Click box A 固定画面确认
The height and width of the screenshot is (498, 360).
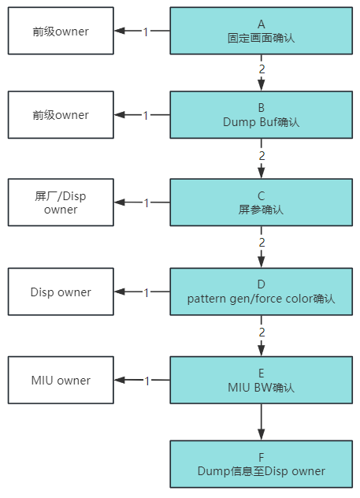pos(261,31)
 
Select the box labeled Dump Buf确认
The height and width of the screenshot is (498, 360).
pos(261,115)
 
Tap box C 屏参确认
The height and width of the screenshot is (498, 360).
pos(261,203)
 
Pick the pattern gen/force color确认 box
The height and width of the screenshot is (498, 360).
pos(261,292)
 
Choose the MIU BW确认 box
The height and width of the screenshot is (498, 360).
pos(261,380)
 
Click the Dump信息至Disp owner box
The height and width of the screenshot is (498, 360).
pos(261,464)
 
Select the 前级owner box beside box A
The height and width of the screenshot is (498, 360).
pos(61,31)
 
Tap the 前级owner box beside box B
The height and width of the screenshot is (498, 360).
pos(61,115)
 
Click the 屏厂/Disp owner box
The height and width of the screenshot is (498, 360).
pos(61,203)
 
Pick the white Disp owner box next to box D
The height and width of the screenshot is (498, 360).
pos(61,292)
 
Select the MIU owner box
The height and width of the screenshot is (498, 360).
pos(61,380)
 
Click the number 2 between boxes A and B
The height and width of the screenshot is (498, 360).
pos(262,69)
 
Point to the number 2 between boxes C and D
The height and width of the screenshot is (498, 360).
pos(262,243)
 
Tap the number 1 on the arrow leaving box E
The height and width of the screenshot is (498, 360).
pos(147,381)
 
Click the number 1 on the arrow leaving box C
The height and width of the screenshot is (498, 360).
pos(147,203)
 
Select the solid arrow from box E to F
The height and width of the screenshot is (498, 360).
pos(262,422)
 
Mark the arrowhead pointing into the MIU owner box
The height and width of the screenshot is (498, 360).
pos(120,380)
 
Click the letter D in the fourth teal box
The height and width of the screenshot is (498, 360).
pos(261,284)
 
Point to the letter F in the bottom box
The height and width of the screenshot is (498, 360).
pos(261,457)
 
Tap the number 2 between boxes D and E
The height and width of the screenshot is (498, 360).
pos(262,333)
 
